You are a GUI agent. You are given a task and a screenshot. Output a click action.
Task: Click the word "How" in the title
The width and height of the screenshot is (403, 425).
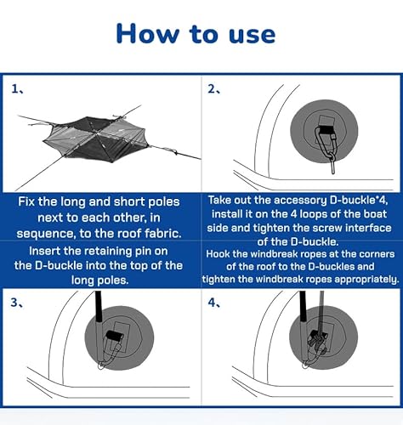148,33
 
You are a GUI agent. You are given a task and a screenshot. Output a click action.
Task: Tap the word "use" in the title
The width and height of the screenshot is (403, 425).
252,35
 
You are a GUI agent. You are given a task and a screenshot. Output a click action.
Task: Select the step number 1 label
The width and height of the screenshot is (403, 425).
17,89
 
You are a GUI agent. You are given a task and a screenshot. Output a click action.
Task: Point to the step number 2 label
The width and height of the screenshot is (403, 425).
213,89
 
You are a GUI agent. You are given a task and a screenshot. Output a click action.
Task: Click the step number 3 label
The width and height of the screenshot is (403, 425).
17,303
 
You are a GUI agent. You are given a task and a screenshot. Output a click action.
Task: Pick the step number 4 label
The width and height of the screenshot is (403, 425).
214,303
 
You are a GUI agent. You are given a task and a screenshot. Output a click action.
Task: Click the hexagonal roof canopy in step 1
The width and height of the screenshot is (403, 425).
96,139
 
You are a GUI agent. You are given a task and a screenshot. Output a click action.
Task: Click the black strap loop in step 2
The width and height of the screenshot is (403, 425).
327,130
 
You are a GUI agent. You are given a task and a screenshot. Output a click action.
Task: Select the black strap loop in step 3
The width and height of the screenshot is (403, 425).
114,336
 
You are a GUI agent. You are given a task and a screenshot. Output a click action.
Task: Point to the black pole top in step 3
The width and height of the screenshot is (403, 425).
99,307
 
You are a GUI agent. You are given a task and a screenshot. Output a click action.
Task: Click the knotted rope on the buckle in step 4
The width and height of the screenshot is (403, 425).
317,341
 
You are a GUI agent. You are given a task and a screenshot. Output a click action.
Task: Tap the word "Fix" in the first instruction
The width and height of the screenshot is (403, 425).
26,201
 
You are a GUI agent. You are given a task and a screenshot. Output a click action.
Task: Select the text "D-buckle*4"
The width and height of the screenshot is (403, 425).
359,201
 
